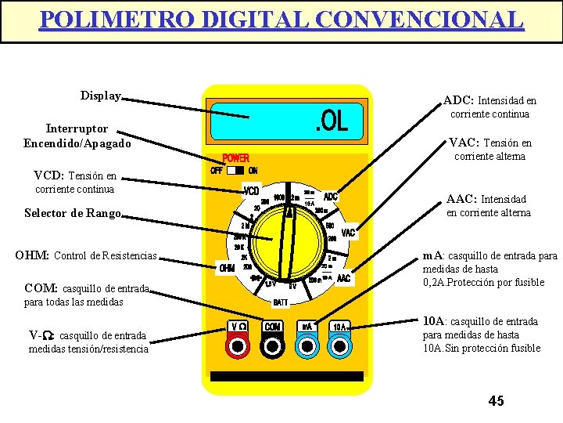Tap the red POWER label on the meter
coord(236,158)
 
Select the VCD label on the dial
coord(251,191)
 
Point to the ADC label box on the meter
coord(331,197)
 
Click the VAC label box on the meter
coord(348,232)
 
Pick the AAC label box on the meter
coord(343,278)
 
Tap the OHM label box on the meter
coord(227,268)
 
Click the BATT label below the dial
coord(281,302)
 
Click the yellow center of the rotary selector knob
coord(287,238)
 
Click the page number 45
coord(496,401)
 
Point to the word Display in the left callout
coord(101,96)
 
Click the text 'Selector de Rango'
coord(73,213)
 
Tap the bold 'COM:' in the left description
coord(41,287)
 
